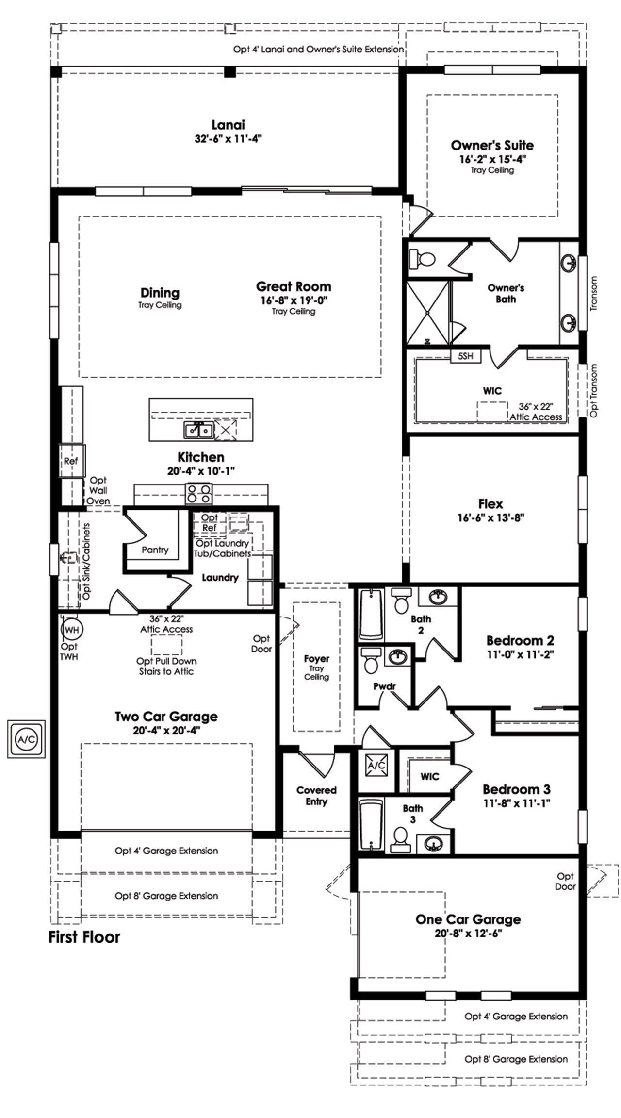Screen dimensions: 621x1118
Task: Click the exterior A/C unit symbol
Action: [x=26, y=739]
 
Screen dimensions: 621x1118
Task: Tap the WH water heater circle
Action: [x=72, y=630]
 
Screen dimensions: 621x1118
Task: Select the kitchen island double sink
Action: [x=198, y=430]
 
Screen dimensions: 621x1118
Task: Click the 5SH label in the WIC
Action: [x=466, y=356]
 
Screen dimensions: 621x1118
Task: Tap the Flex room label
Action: [x=490, y=503]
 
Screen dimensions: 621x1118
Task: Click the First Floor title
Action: [x=84, y=937]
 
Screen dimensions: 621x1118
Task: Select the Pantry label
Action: [x=155, y=550]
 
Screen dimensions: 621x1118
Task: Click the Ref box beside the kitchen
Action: [x=71, y=461]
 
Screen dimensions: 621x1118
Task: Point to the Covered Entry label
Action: [x=316, y=796]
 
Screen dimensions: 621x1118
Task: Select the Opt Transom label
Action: [x=594, y=390]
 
